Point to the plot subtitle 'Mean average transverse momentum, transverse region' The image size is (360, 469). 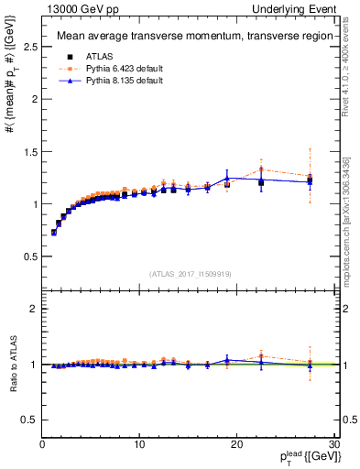pyautogui.click(x=190, y=37)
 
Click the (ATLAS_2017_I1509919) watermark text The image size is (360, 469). pyautogui.click(x=189, y=273)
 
